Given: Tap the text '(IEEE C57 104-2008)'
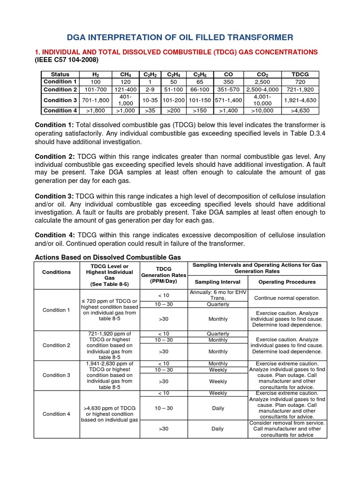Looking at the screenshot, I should (67, 60).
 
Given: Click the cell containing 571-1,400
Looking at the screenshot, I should (228, 100).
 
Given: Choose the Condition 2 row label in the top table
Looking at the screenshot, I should (60, 90).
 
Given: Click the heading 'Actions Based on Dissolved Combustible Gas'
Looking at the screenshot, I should (108, 257).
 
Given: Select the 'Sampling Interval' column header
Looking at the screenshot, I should (217, 282).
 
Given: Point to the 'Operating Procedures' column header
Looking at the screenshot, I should (287, 282).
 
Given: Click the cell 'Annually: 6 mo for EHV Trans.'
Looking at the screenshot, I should (217, 295).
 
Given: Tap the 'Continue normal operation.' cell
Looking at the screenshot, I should (287, 298).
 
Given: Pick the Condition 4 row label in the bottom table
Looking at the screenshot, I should (56, 414).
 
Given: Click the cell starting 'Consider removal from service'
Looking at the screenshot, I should (287, 428).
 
